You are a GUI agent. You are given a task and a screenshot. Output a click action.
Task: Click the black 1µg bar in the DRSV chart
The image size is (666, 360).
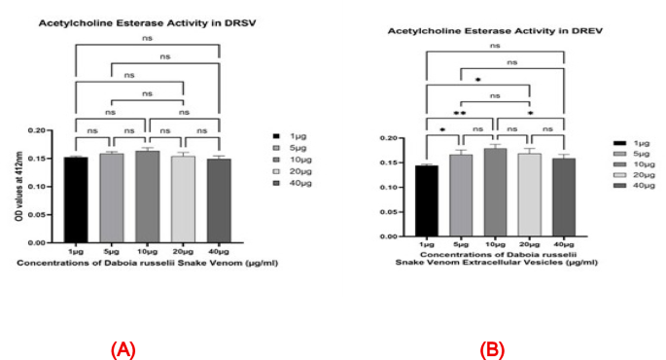(x=75, y=199)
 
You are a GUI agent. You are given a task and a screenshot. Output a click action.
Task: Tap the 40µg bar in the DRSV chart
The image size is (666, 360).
(x=219, y=200)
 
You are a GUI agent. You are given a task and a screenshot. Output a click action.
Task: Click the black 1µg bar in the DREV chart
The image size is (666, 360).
(x=427, y=200)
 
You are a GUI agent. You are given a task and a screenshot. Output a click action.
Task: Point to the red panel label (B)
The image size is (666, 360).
(x=493, y=349)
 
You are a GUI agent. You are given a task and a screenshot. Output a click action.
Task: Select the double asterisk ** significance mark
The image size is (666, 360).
(x=460, y=113)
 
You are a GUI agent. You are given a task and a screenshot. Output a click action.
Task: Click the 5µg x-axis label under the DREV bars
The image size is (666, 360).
(x=461, y=242)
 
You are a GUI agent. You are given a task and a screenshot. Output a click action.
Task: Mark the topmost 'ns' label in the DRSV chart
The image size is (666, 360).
(x=147, y=39)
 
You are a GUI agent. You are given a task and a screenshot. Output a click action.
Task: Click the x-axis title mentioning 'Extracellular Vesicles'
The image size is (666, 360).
(x=493, y=260)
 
